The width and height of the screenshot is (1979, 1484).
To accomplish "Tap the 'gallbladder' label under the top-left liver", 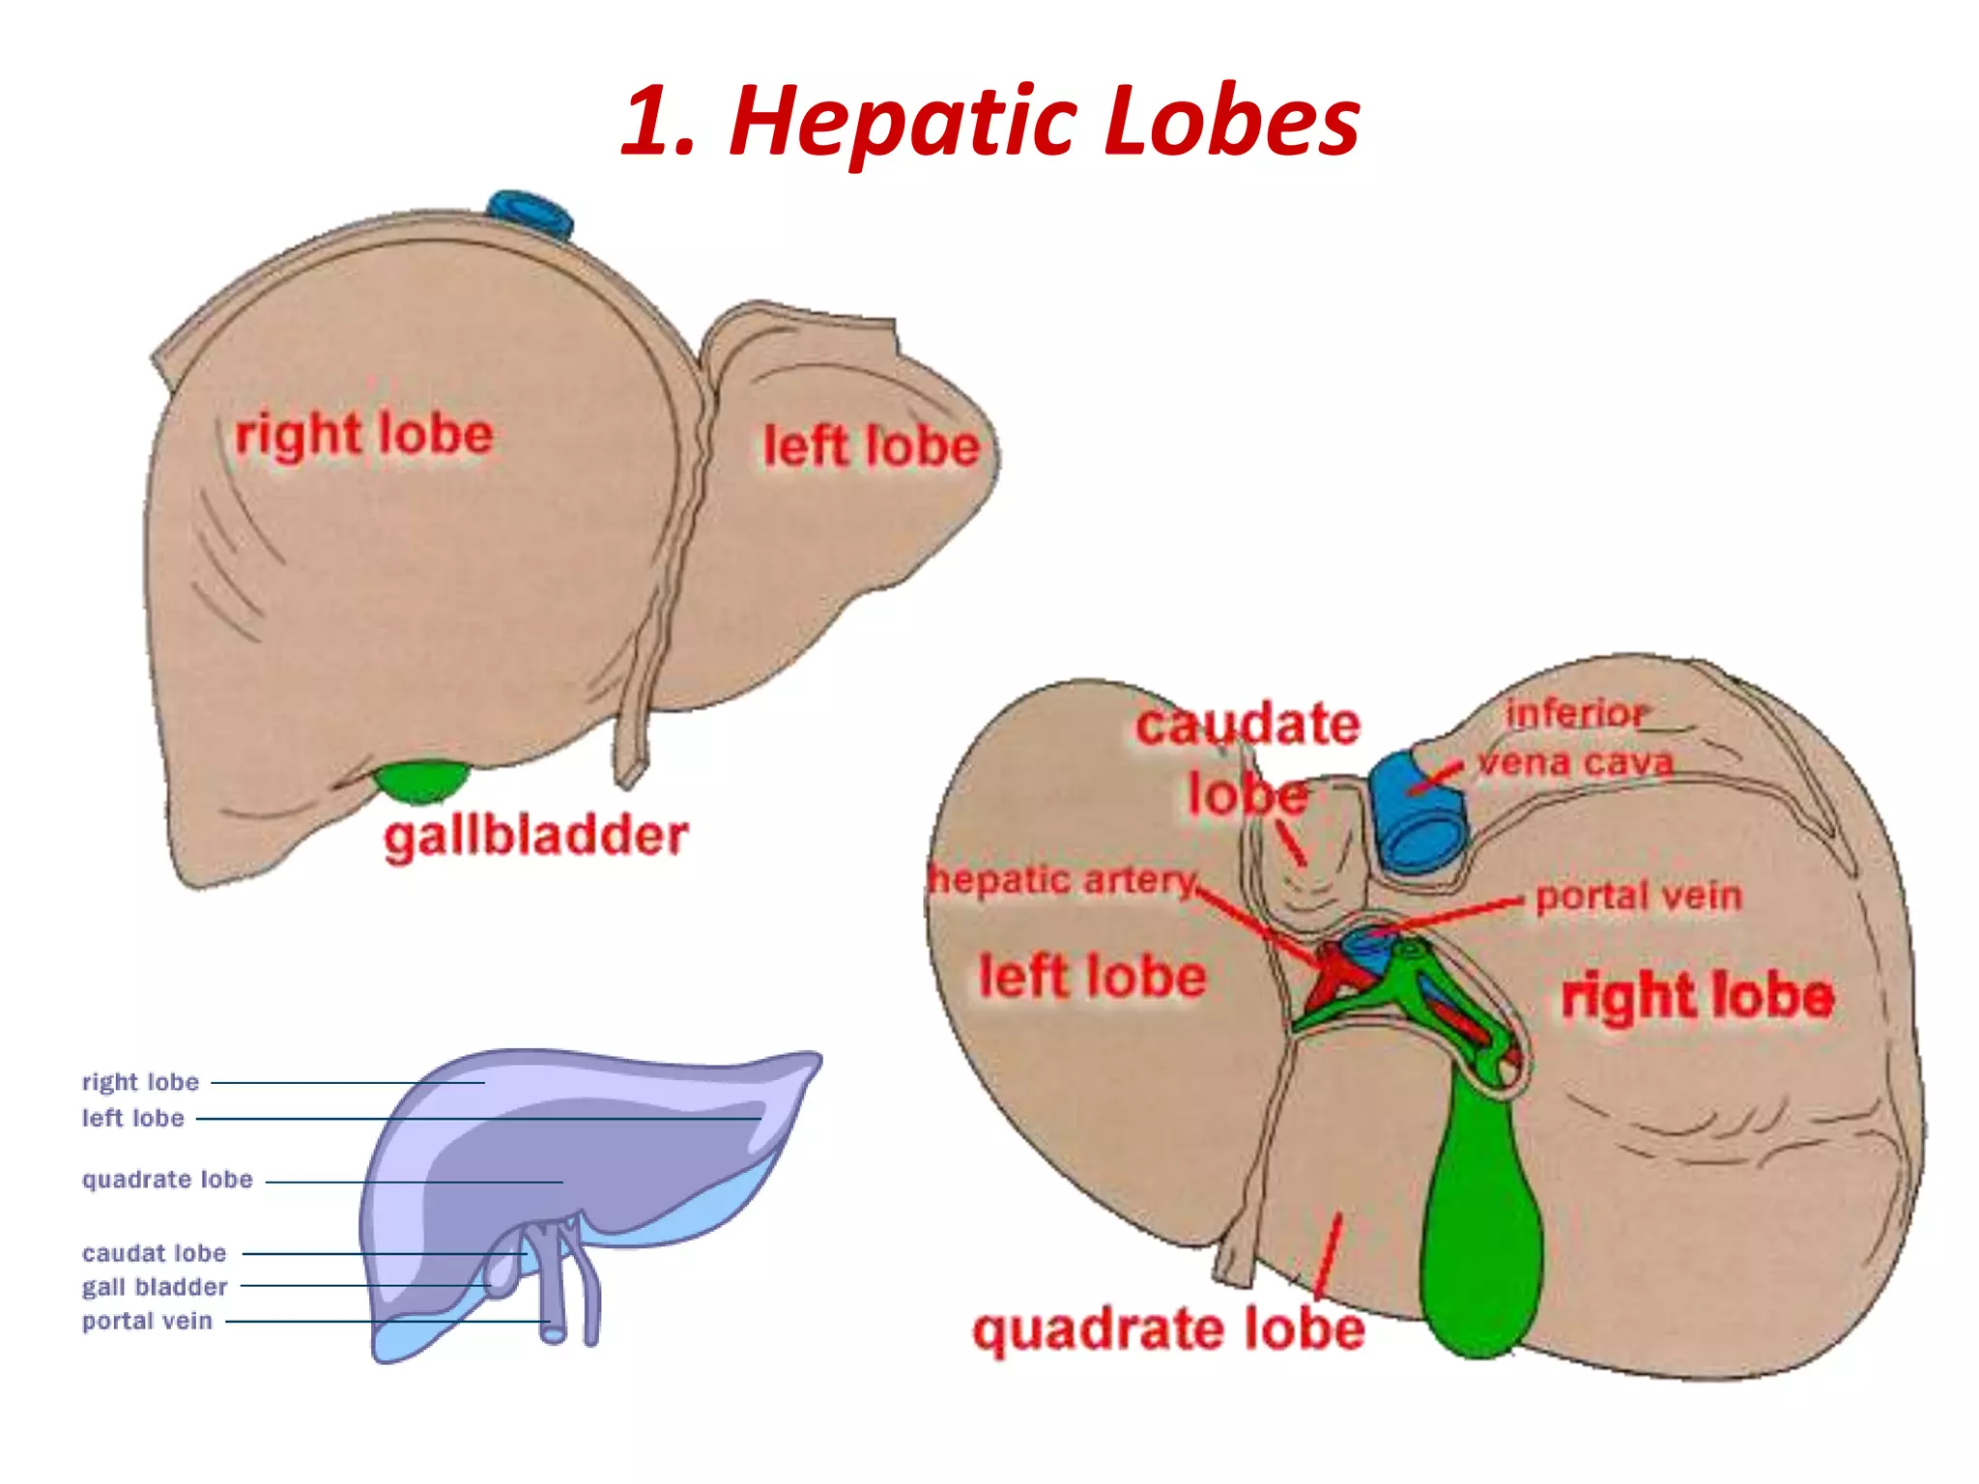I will pos(535,837).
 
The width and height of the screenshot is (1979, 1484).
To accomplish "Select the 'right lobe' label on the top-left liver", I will pos(364,436).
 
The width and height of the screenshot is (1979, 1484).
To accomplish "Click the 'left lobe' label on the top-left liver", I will pos(872,447).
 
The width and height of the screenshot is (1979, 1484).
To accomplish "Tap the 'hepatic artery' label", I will pos(1063,880).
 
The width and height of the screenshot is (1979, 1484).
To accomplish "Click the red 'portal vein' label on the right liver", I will pos(1639,897).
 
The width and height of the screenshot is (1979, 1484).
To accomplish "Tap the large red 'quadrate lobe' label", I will pos(1169,1330).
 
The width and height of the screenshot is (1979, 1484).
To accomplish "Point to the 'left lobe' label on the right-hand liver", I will pos(1093,976).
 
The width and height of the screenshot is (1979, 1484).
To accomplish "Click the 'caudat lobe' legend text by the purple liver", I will pos(155,1253).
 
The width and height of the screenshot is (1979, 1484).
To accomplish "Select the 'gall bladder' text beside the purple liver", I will pos(155,1287).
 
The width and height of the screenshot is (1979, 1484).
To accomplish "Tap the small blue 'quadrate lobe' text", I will pos(167,1180).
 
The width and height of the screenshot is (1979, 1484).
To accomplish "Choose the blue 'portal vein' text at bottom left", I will pos(147,1321).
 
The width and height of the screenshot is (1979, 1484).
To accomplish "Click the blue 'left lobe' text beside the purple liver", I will pos(132,1118).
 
